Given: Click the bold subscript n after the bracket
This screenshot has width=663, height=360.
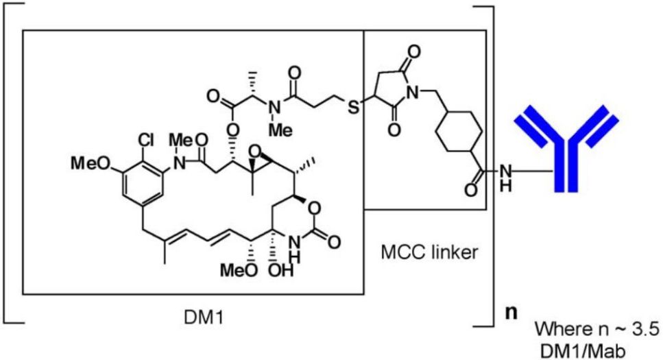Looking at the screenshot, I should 511,315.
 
